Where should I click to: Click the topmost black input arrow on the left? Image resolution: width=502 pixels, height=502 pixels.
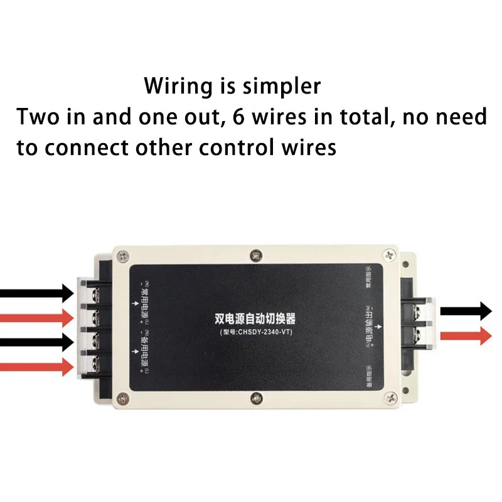pos(38,292)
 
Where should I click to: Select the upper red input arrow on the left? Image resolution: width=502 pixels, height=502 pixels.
pos(38,317)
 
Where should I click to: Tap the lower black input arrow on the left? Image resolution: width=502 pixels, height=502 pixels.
pos(38,342)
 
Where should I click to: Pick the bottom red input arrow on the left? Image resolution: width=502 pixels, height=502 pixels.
pos(38,366)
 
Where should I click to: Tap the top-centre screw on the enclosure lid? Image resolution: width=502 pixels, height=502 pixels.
pos(255,255)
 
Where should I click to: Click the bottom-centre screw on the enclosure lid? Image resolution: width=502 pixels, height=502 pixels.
pos(255,397)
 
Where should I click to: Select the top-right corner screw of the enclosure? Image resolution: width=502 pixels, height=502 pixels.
pos(390,255)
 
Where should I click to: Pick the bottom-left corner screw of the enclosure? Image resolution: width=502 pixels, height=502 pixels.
pos(123,397)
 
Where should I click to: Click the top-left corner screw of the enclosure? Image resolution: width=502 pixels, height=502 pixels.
pos(123,256)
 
